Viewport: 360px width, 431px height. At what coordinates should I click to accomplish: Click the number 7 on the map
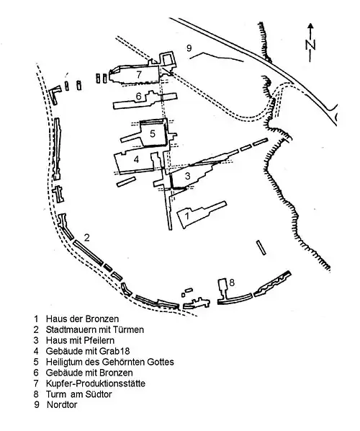click(x=139, y=74)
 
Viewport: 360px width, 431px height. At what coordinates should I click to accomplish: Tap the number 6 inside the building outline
click(x=139, y=96)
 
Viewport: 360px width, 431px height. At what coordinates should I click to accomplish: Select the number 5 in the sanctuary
click(x=153, y=133)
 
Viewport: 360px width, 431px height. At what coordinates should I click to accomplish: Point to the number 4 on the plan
click(x=137, y=159)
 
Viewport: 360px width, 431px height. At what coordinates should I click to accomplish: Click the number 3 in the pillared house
click(x=187, y=176)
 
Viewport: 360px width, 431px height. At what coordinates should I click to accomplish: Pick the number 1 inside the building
click(x=187, y=215)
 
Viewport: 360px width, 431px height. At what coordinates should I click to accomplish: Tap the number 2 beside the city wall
click(x=87, y=238)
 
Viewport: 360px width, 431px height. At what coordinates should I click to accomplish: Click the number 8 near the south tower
click(x=232, y=283)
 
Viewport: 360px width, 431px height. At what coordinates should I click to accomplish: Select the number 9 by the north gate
click(x=189, y=48)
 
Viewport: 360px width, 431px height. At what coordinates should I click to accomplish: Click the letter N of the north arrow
click(x=310, y=45)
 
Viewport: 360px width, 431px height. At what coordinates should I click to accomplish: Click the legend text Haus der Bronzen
click(x=82, y=319)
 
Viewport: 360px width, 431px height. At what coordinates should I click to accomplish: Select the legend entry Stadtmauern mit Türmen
click(x=95, y=329)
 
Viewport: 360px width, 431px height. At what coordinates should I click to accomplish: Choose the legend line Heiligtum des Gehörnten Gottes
click(x=110, y=362)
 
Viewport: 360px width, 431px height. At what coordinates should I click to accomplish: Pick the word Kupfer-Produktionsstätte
click(x=96, y=383)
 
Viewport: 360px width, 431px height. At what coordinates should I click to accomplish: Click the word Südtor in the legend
click(x=99, y=394)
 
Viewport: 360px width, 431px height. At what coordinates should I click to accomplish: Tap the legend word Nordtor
click(x=62, y=404)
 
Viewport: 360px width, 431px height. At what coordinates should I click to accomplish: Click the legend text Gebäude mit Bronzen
click(x=89, y=373)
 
